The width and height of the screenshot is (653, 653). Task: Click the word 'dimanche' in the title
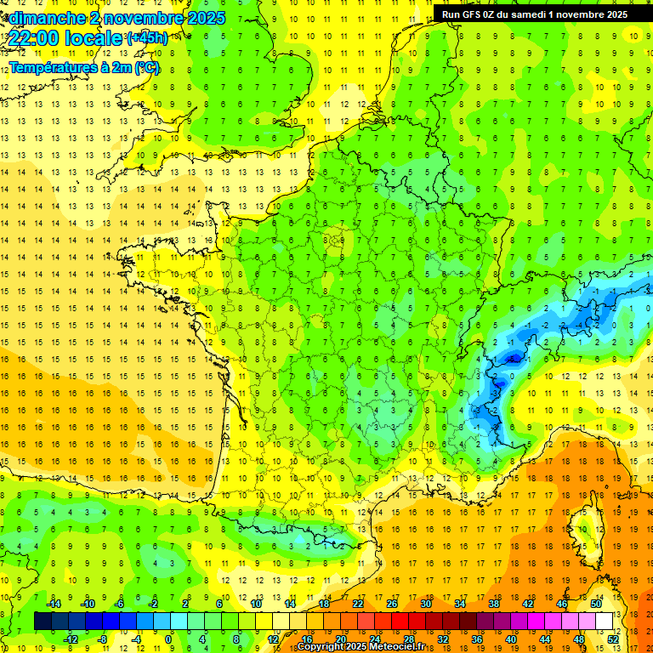[x=45, y=18]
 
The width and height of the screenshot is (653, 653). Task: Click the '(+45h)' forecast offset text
[x=146, y=37]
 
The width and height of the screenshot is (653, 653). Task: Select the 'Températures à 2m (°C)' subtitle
[x=83, y=67]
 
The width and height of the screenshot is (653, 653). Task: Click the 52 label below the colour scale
[x=613, y=639]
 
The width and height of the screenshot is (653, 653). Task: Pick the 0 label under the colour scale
[x=168, y=639]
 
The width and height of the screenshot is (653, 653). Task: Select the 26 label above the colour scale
[x=391, y=604]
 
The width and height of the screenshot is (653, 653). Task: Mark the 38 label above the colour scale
[x=493, y=604]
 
